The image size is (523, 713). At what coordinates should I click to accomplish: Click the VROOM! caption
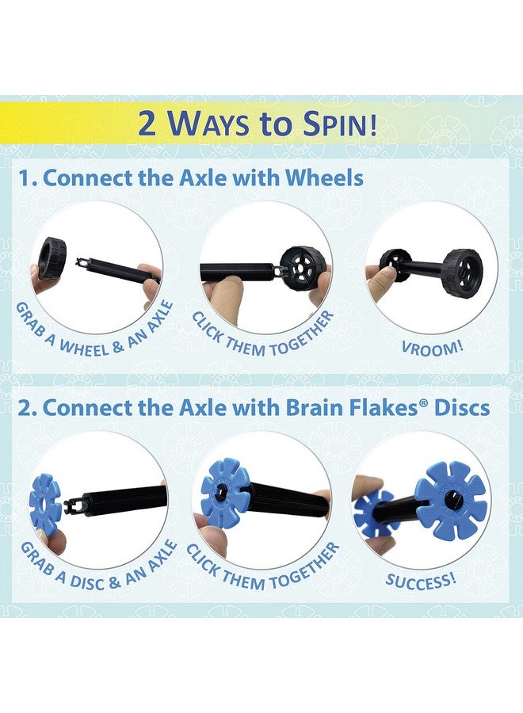point(432,346)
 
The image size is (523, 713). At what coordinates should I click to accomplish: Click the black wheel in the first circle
point(53,258)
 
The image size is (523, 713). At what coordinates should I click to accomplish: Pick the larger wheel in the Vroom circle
point(462,273)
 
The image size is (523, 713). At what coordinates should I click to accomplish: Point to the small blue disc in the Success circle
point(373,513)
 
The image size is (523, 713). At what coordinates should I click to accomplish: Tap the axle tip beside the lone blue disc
point(74,501)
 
